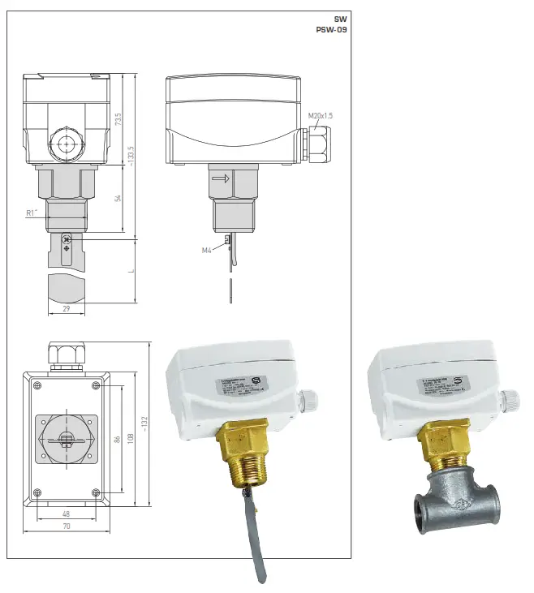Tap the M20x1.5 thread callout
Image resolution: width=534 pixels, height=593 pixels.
[x=321, y=116]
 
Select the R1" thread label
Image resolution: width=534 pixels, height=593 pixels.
[x=32, y=213]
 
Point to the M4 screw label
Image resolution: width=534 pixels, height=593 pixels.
[x=207, y=250]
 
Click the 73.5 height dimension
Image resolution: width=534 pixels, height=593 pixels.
[x=118, y=120]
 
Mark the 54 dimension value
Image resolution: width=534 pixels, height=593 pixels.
[x=118, y=200]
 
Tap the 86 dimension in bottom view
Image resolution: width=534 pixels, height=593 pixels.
[x=118, y=439]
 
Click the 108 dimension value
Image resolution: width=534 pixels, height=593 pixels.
[x=131, y=439]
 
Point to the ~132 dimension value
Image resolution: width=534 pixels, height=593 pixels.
[x=145, y=423]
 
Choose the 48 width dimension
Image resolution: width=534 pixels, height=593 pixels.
[x=67, y=514]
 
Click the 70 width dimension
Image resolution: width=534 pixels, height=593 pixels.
[x=67, y=526]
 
